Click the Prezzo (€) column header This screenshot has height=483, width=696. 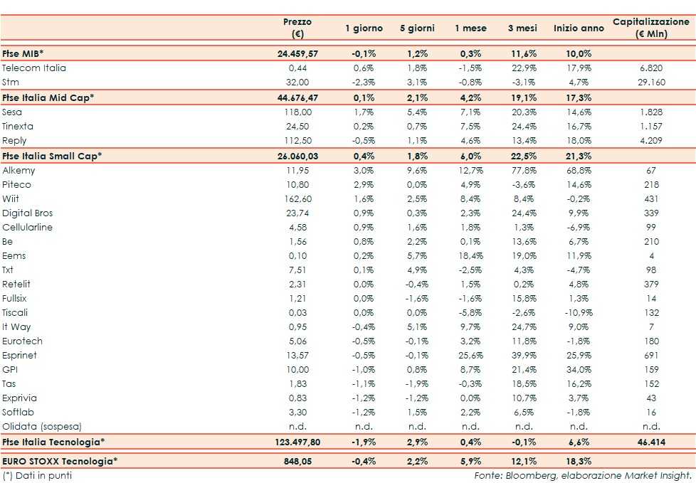coord(297,28)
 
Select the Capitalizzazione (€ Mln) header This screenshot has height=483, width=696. coord(651,28)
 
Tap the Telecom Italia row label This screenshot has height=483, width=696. coord(34,68)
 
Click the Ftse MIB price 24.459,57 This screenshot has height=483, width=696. coord(298,54)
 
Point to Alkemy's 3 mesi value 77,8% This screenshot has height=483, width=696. coord(523,171)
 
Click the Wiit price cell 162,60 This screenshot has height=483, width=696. coord(297,199)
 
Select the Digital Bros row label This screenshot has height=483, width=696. coord(28,213)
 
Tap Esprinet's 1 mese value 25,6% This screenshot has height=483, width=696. coord(470,356)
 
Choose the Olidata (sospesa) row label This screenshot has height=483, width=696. coord(42,427)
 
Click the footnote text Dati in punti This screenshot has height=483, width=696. coord(42,475)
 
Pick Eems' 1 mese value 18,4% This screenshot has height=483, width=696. coord(470,256)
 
